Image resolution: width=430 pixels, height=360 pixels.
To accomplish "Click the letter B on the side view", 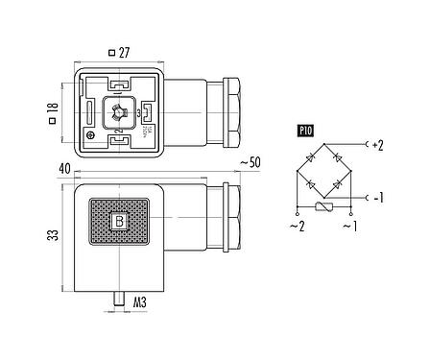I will point(119,224).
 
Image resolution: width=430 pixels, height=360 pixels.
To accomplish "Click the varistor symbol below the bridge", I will point(325,209).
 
